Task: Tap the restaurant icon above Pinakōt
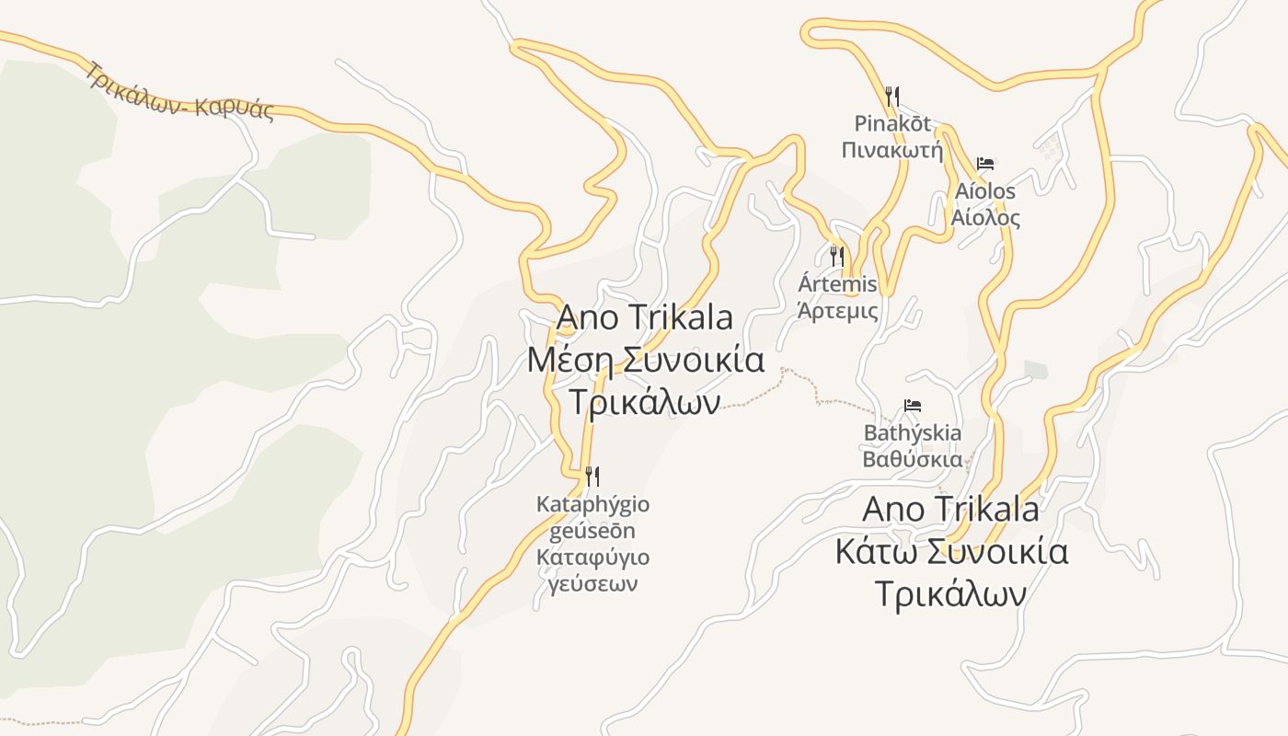pyautogui.click(x=891, y=96)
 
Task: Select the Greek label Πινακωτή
pyautogui.click(x=892, y=149)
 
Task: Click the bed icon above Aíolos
pyautogui.click(x=985, y=165)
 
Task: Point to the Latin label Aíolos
pyautogui.click(x=985, y=191)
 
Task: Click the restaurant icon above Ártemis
pyautogui.click(x=837, y=256)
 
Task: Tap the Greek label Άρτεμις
pyautogui.click(x=837, y=310)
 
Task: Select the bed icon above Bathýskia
pyautogui.click(x=913, y=406)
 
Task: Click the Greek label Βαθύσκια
pyautogui.click(x=913, y=459)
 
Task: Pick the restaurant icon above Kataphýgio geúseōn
pyautogui.click(x=592, y=477)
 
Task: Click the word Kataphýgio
pyautogui.click(x=592, y=504)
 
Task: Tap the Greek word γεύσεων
pyautogui.click(x=592, y=583)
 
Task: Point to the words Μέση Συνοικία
pyautogui.click(x=645, y=360)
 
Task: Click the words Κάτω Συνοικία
pyautogui.click(x=951, y=552)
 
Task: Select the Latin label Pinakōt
pyautogui.click(x=892, y=123)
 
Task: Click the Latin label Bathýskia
pyautogui.click(x=913, y=432)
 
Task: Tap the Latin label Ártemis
pyautogui.click(x=837, y=284)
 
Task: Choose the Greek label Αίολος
pyautogui.click(x=985, y=218)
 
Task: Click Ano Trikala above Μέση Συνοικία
pyautogui.click(x=645, y=317)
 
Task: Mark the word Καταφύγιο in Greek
pyautogui.click(x=592, y=558)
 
